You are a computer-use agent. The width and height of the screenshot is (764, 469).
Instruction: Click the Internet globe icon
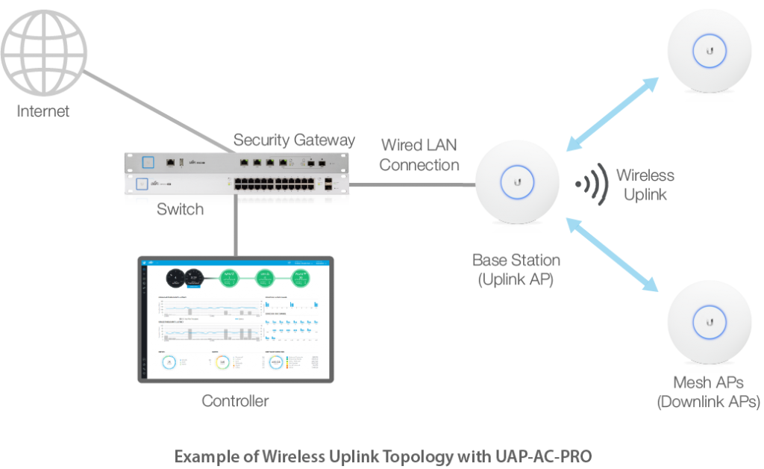click(44, 49)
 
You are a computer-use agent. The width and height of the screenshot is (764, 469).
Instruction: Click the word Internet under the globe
click(44, 112)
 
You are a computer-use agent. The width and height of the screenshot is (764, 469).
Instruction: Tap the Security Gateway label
click(294, 140)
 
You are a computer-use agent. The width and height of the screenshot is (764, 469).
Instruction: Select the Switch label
click(180, 210)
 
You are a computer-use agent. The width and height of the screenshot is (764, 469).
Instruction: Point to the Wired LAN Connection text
click(419, 155)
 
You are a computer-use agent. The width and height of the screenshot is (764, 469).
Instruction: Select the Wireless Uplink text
click(645, 184)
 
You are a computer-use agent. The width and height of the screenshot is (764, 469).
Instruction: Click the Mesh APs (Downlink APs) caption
click(708, 393)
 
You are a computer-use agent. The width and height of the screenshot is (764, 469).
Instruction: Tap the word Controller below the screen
click(235, 402)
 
